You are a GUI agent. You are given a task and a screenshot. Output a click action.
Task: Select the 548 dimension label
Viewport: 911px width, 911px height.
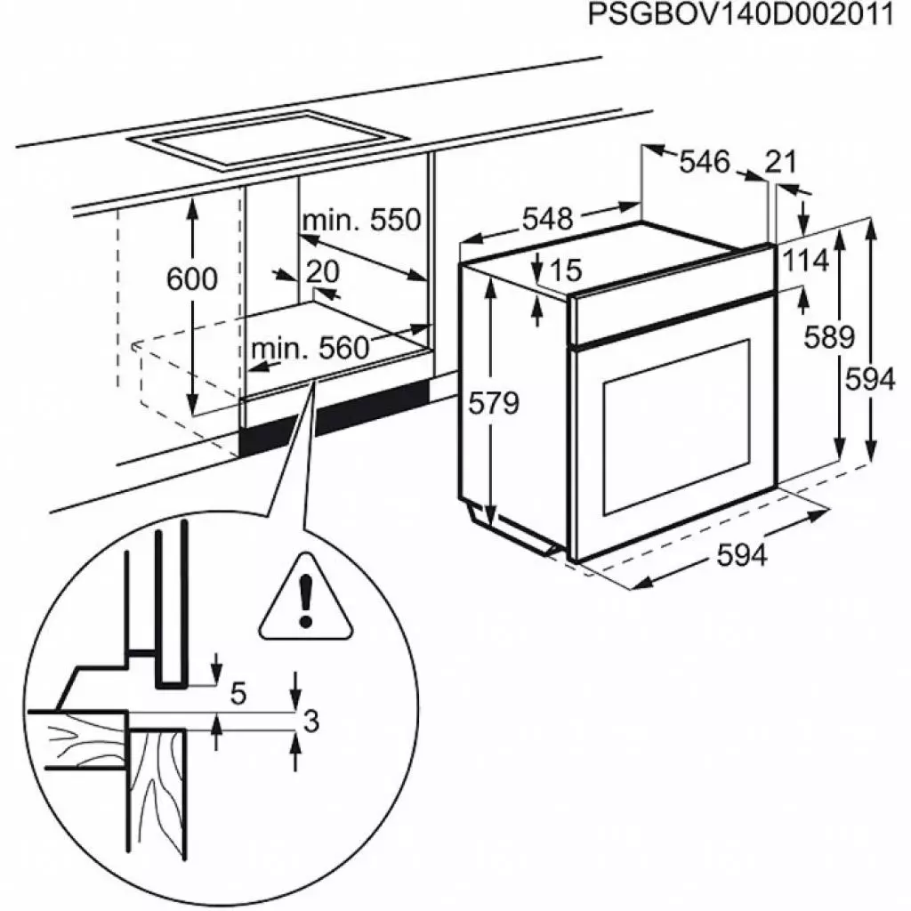point(547,219)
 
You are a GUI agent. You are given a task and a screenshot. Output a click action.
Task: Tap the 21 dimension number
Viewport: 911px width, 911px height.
point(780,162)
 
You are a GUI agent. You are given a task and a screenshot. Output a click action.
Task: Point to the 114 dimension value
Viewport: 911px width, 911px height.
point(806,261)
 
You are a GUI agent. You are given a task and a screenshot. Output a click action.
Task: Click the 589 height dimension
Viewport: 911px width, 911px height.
point(827,337)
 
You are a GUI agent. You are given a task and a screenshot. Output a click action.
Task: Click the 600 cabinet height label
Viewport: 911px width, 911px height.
point(191,279)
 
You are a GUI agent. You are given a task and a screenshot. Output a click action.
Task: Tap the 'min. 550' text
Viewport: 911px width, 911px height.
point(360,220)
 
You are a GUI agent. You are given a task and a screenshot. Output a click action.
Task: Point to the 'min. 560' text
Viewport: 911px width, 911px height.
point(310,348)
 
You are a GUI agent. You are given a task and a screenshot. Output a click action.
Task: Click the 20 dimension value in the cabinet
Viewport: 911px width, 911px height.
point(323,271)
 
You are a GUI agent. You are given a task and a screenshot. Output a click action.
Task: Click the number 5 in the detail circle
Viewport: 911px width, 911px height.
point(238,692)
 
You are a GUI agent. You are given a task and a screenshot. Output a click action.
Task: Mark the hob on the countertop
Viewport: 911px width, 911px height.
point(267,140)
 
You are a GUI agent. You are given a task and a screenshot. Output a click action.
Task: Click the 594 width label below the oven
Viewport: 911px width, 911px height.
point(741,556)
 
